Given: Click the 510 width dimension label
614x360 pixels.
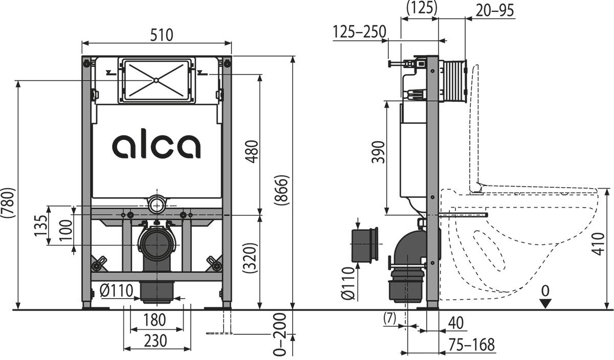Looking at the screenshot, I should point(161,35).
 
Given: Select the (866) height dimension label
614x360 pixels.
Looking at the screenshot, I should point(283,190).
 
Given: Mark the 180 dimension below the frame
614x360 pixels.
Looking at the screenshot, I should point(154,320).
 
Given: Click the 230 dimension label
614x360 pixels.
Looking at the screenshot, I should point(154,341).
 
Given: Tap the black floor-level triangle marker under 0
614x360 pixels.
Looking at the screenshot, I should point(546,303).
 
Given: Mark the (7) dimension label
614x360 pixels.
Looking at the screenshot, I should point(390,318).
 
